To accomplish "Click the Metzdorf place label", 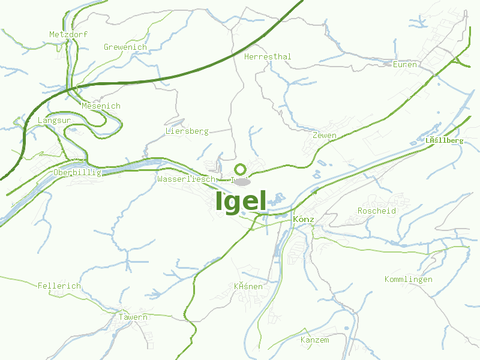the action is pos(68,35).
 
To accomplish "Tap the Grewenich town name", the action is pos(125,47).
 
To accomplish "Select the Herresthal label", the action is pos(268,56).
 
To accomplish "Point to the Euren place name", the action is pos(404,64).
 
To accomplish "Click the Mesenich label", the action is pos(101,106).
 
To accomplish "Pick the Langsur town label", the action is pos(54,121).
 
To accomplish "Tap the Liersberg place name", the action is pos(187,131).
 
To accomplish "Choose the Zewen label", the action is pos(324,136).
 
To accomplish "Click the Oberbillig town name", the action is pos(77,173).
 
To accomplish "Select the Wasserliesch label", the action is pos(186,179).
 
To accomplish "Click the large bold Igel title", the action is pos(241,202).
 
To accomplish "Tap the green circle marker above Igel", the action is pos(241,169).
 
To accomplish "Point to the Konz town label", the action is pos(304,220).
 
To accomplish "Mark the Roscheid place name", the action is pos(377,211).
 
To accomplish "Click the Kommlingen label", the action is pos(408,280).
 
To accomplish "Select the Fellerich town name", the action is pos(59,286).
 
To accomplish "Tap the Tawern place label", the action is pos(133,317).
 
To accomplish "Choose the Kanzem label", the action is pos(314,340).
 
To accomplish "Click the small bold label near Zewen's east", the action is pos(444,140).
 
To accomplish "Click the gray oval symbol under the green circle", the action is pos(242,182).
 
